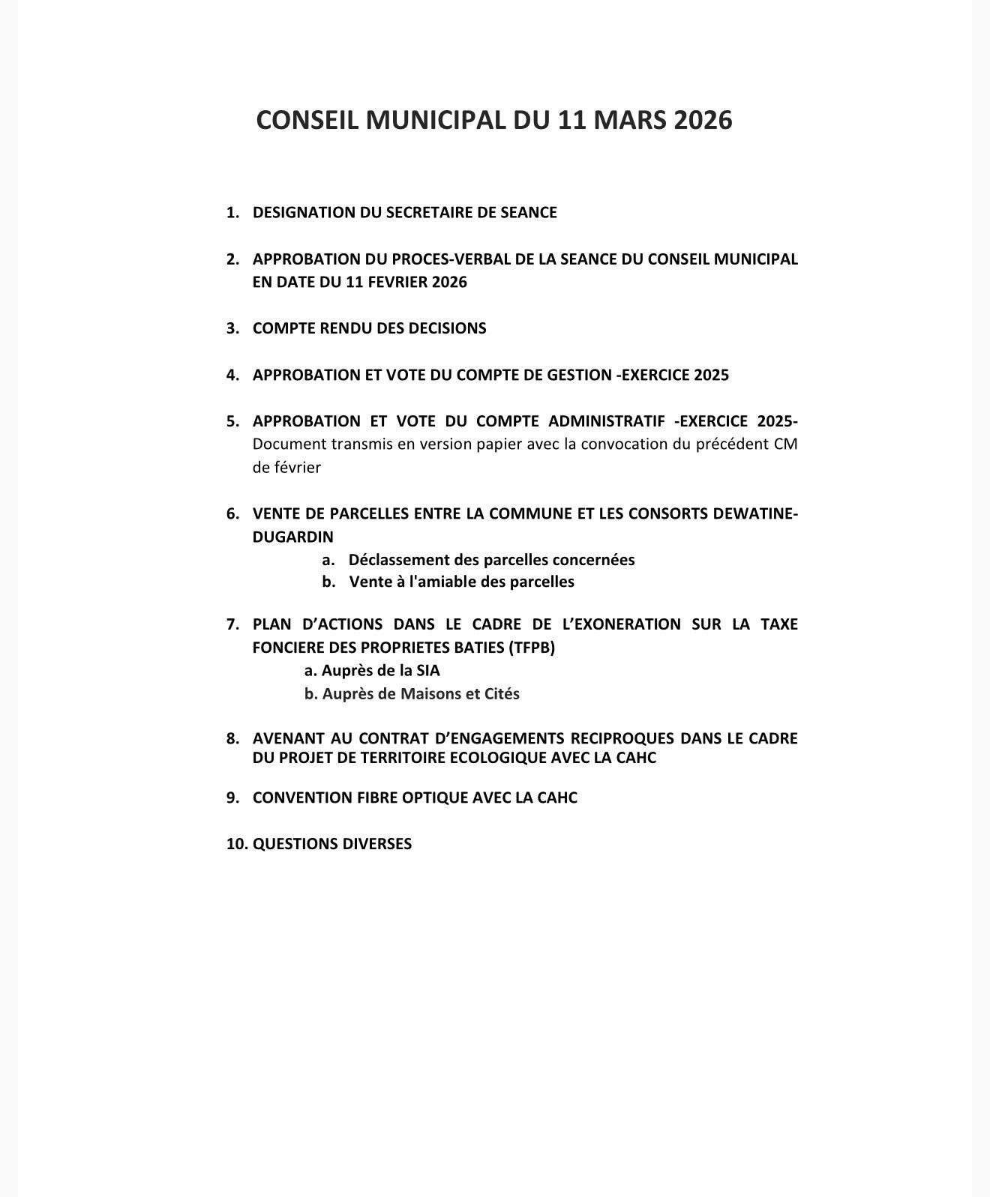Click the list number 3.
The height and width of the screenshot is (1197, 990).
(x=232, y=328)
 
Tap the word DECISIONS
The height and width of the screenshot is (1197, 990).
(x=448, y=328)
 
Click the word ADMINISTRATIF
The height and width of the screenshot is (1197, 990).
(x=606, y=421)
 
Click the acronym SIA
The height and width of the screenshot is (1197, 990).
(x=427, y=671)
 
